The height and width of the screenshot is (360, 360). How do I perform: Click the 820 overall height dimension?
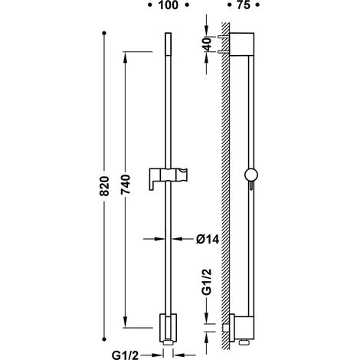[x=104, y=185]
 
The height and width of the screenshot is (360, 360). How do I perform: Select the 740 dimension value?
[x=126, y=184]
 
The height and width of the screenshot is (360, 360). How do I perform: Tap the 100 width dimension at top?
[x=169, y=5]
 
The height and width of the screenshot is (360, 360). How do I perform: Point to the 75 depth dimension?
[x=244, y=5]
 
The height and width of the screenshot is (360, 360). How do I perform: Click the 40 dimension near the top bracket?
[x=208, y=44]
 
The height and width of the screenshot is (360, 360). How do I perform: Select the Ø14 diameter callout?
[x=208, y=239]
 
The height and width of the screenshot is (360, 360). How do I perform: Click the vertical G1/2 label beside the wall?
[x=208, y=282]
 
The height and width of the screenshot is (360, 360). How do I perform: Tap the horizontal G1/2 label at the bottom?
[x=125, y=355]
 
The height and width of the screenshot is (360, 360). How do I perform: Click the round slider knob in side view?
[x=251, y=175]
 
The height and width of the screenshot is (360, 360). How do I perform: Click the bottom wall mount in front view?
[x=168, y=328]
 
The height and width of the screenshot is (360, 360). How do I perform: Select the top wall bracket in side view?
[x=241, y=44]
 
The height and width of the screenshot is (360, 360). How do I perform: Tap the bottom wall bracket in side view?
[x=241, y=329]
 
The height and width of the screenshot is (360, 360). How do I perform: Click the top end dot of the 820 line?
[x=104, y=33]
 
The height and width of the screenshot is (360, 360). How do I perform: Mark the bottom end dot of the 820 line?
[x=104, y=339]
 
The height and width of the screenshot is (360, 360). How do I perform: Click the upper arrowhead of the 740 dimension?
[x=125, y=57]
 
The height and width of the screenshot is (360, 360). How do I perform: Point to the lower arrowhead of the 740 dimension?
[x=125, y=322]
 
